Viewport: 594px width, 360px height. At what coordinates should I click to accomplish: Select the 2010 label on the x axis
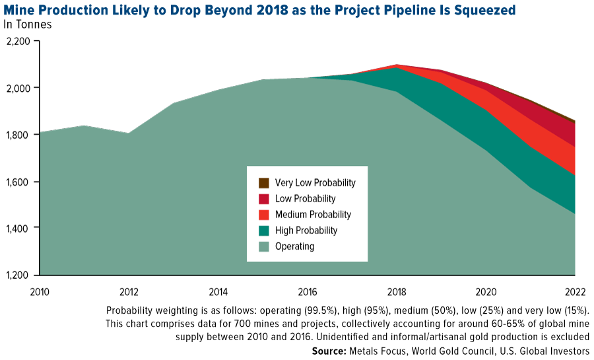pyautogui.click(x=39, y=291)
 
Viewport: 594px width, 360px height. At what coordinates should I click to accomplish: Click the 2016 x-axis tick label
pyautogui.click(x=307, y=291)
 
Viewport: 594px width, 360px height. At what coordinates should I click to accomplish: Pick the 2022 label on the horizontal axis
pyautogui.click(x=574, y=291)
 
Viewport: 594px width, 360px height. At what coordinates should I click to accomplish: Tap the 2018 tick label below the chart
pyautogui.click(x=396, y=291)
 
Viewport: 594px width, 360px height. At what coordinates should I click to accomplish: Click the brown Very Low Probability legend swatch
pyautogui.click(x=264, y=183)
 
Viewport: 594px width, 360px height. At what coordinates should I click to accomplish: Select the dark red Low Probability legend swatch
pyautogui.click(x=264, y=199)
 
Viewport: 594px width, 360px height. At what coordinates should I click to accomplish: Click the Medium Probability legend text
pyautogui.click(x=313, y=215)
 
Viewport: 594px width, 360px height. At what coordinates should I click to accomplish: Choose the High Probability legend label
pyautogui.click(x=307, y=231)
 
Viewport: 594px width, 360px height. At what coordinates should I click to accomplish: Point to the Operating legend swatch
pyautogui.click(x=264, y=246)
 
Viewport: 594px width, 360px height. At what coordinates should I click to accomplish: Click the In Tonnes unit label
pyautogui.click(x=28, y=24)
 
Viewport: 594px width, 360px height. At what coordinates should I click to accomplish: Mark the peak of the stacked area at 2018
pyautogui.click(x=396, y=65)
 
